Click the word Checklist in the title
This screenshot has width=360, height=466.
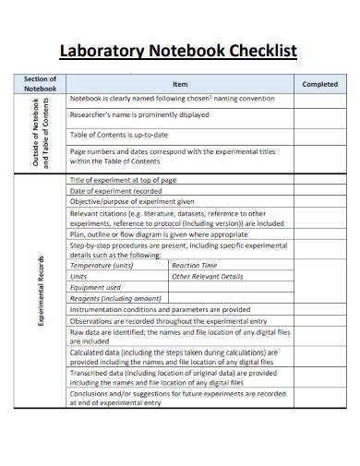(x=262, y=50)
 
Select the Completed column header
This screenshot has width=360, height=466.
(x=319, y=84)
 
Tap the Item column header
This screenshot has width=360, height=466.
(x=180, y=84)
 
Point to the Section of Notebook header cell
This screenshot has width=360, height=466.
(x=41, y=84)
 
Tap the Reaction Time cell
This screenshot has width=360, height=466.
(x=195, y=264)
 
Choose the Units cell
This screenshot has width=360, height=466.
(x=79, y=275)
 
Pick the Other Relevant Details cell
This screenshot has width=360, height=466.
(x=208, y=275)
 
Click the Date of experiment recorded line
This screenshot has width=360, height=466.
(x=121, y=190)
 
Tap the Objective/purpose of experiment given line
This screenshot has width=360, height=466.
(x=131, y=201)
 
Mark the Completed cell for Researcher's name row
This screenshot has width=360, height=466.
(x=319, y=115)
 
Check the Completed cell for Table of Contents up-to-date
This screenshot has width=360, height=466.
(x=319, y=135)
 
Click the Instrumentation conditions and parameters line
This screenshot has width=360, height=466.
(x=160, y=309)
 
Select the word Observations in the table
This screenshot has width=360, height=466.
(x=93, y=320)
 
